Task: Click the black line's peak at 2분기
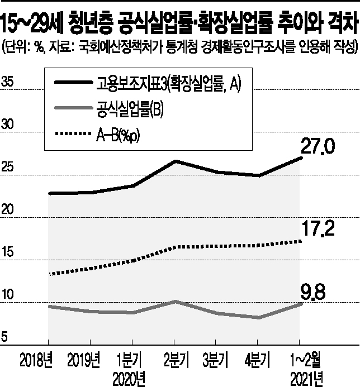coord(174,161)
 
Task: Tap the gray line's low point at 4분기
coord(257,318)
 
